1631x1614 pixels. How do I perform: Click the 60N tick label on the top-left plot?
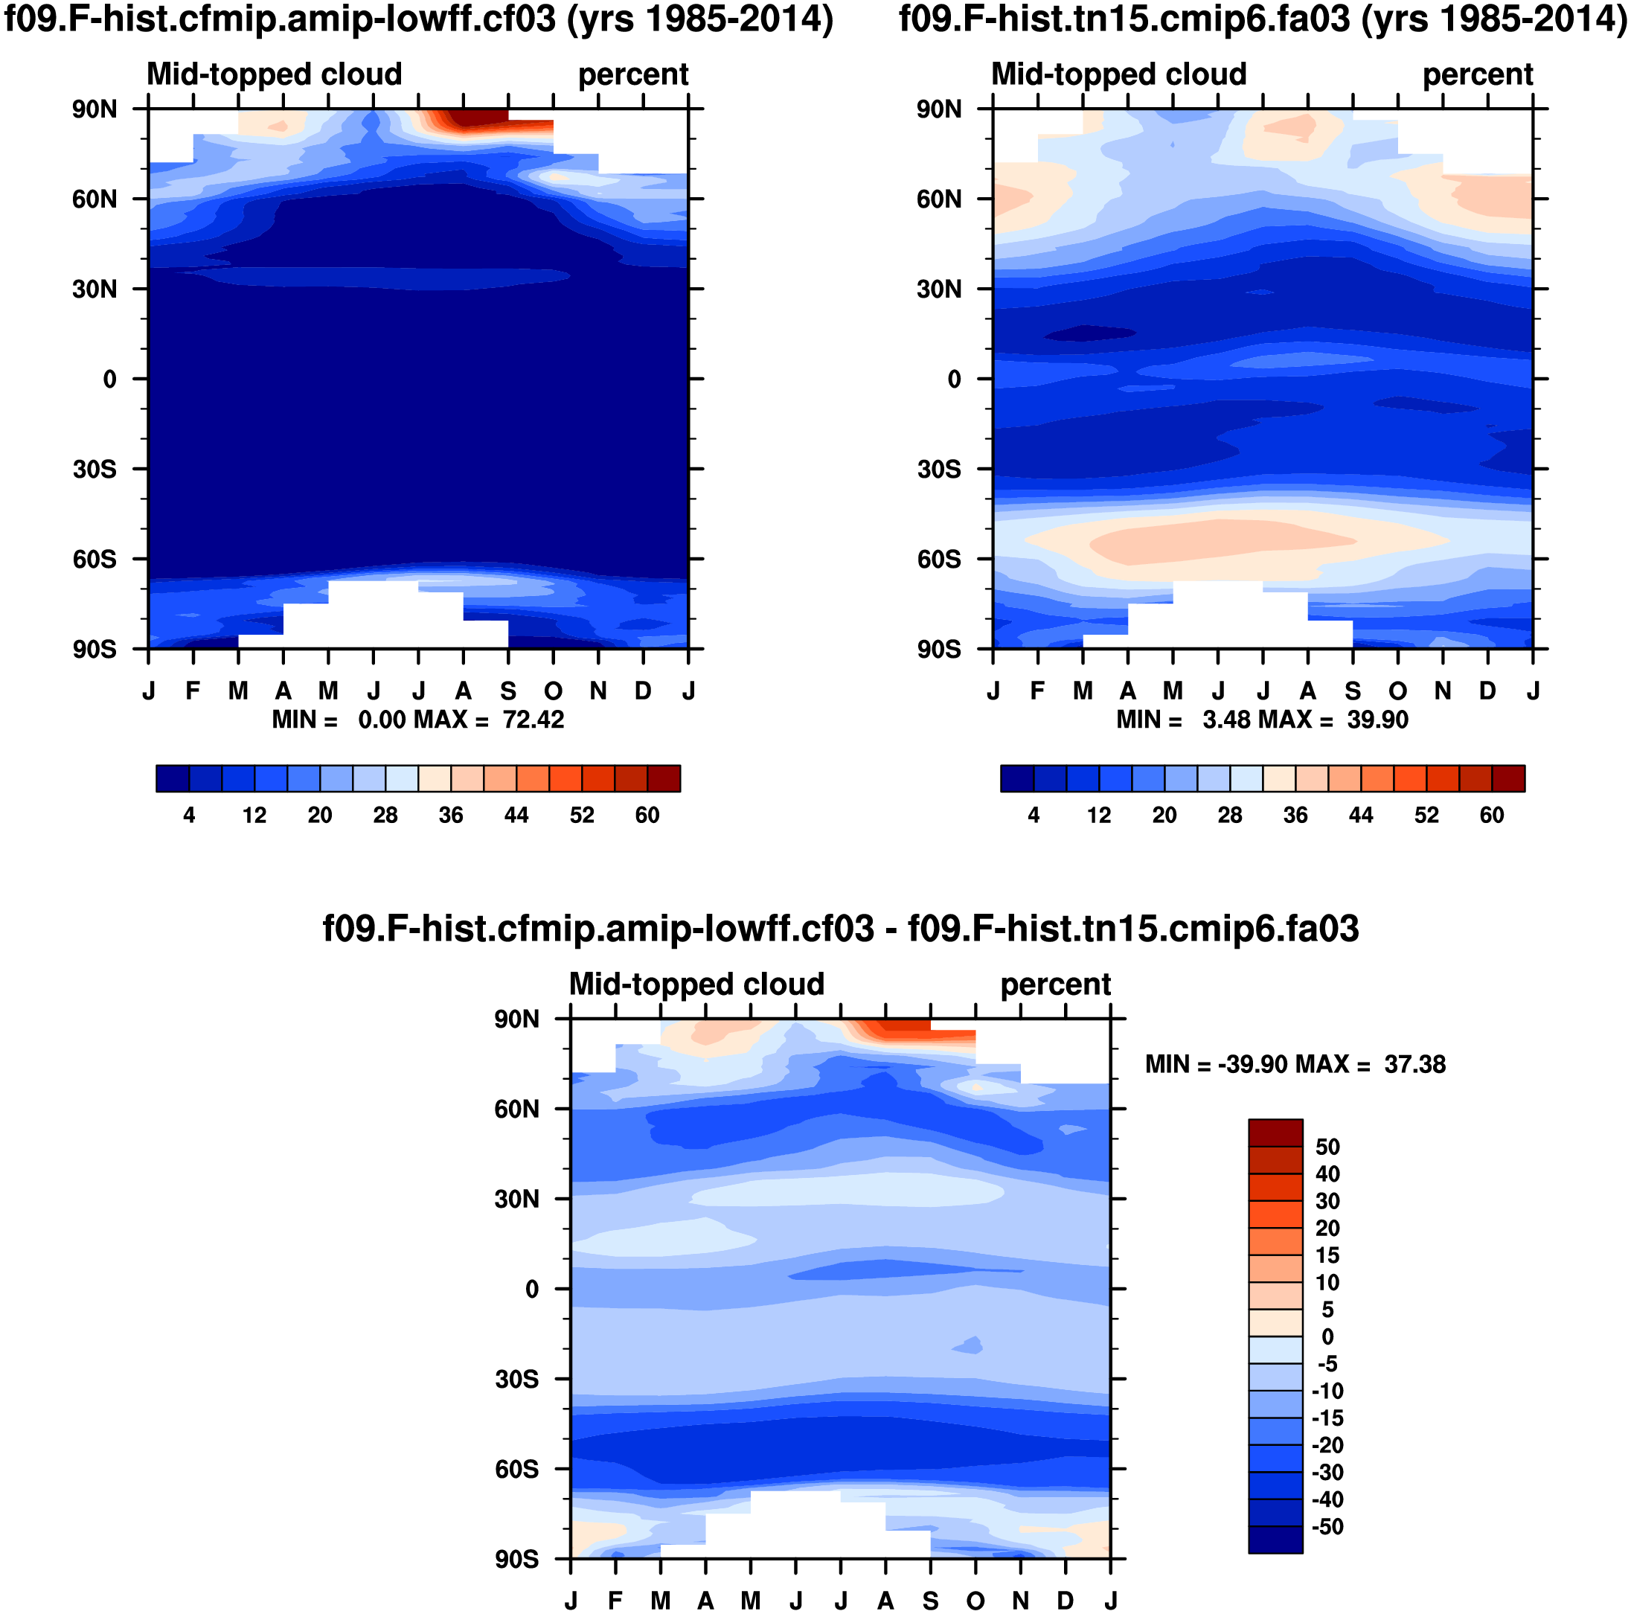click(x=94, y=199)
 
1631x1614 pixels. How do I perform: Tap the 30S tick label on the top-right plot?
click(x=939, y=470)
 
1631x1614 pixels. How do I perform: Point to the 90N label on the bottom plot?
click(x=516, y=1019)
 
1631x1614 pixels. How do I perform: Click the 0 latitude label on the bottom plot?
click(x=532, y=1289)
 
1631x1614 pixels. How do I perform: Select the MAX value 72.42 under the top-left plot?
click(x=533, y=720)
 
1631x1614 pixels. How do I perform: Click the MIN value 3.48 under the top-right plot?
click(x=1224, y=720)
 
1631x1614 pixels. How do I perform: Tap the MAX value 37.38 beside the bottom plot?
click(x=1415, y=1064)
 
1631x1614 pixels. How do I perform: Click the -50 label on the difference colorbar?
click(x=1327, y=1526)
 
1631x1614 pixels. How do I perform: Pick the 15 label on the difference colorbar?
click(x=1327, y=1255)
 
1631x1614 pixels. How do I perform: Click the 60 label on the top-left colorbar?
click(x=647, y=816)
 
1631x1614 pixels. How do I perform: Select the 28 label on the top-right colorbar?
click(x=1230, y=816)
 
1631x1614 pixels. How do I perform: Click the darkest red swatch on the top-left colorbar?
click(x=664, y=778)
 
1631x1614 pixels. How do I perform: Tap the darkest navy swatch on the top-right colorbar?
click(x=1016, y=778)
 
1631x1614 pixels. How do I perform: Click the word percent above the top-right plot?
click(x=1478, y=74)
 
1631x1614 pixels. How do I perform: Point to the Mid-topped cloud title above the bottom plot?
click(x=696, y=984)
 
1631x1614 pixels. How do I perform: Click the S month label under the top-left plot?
click(x=508, y=691)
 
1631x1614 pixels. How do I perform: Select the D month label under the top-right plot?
click(x=1487, y=691)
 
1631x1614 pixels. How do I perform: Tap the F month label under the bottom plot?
click(x=615, y=1601)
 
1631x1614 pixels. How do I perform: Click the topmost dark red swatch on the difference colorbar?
click(x=1275, y=1133)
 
